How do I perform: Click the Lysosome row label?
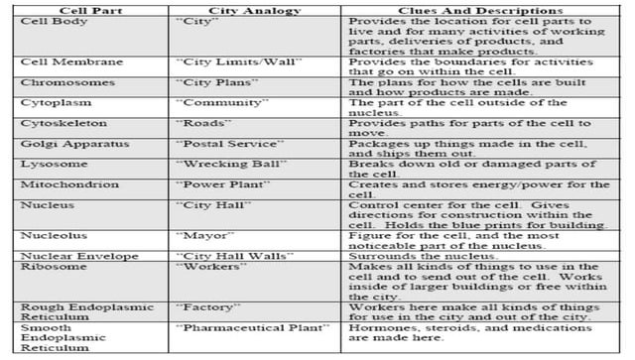coord(47,165)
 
